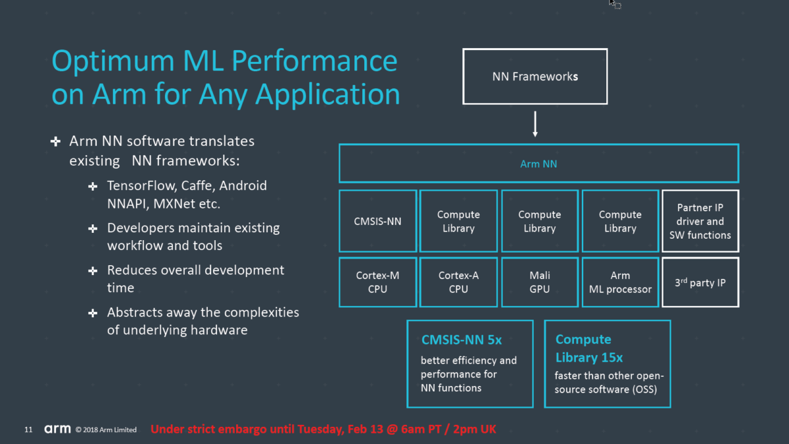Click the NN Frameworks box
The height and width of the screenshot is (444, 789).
[535, 76]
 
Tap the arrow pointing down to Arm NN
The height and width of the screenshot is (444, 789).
[535, 124]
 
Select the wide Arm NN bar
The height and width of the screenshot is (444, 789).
[538, 164]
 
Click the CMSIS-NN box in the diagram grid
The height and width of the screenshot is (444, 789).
[377, 221]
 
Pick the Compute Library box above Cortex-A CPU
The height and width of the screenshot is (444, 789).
[458, 221]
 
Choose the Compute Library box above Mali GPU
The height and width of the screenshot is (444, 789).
[539, 221]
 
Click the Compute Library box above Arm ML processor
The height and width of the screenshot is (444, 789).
[620, 221]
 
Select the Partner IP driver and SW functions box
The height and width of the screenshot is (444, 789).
[700, 221]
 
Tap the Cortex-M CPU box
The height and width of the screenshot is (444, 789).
[377, 282]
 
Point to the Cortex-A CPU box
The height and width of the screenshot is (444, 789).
[458, 282]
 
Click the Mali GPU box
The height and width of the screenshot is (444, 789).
[539, 282]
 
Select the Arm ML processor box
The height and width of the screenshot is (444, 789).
[620, 282]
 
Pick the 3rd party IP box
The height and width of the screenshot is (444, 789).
[700, 282]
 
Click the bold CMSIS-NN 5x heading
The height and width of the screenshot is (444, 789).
[462, 340]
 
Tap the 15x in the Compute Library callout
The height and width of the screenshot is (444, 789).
[608, 358]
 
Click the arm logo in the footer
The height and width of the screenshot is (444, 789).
[57, 430]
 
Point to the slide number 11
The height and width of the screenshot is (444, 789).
[28, 430]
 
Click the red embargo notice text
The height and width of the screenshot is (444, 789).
[323, 430]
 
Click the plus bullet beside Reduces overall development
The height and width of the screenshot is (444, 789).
[93, 270]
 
